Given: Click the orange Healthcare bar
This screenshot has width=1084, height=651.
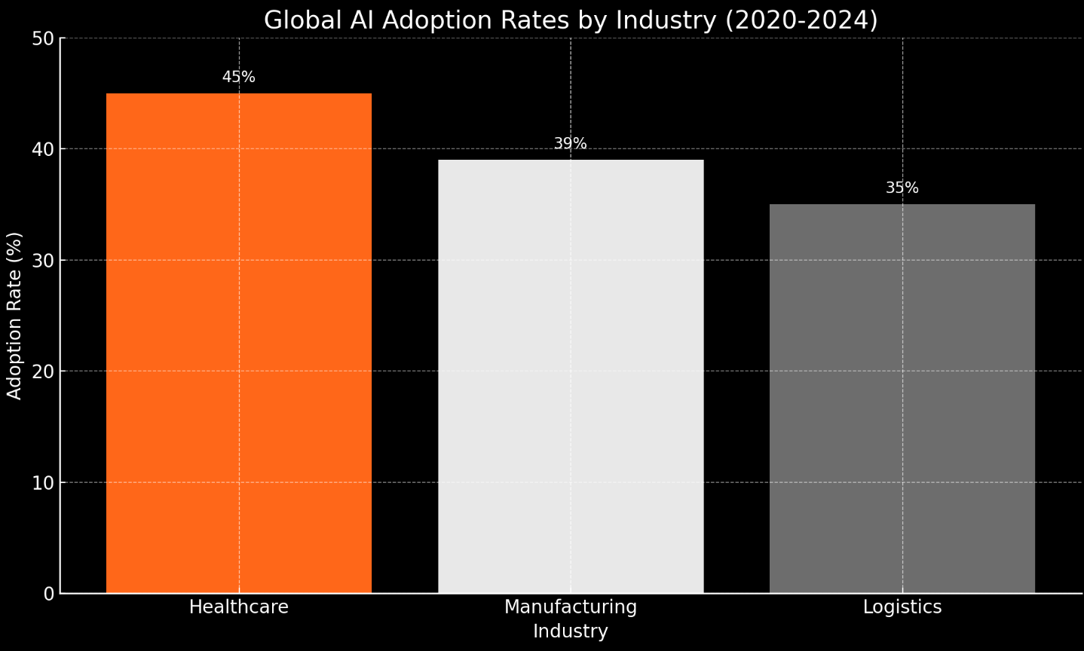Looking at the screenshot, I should click(239, 343).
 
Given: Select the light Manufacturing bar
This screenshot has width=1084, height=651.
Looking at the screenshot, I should click(571, 376).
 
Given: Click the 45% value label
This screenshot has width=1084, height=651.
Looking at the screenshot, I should click(239, 78).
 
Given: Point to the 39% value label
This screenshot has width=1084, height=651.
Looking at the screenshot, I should click(571, 144).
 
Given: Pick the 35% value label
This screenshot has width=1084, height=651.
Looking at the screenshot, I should click(902, 188).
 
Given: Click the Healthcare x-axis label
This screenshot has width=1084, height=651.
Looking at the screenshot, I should click(239, 607).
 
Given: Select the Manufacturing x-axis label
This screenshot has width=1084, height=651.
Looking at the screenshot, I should click(571, 607).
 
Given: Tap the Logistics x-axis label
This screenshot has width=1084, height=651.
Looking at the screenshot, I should click(902, 607).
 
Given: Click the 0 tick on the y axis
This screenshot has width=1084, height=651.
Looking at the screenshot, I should click(49, 594).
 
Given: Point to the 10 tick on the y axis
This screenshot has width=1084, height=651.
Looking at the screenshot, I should click(44, 483).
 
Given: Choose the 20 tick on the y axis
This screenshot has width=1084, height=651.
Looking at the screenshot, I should click(44, 371).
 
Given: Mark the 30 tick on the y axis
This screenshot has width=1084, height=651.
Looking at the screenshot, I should click(44, 261).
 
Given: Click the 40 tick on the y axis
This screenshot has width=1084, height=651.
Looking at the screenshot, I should click(44, 149).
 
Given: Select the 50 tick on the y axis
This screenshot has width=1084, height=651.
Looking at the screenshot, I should click(44, 38).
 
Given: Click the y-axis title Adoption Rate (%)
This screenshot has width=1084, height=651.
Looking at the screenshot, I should click(15, 316).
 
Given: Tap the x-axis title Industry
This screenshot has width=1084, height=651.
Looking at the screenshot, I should click(571, 631).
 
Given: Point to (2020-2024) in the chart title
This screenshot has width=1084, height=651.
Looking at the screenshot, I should click(801, 20).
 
